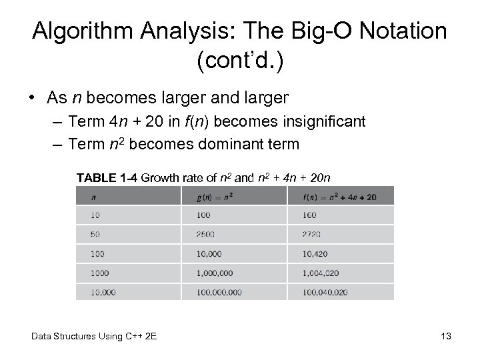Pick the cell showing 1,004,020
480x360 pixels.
click(322, 273)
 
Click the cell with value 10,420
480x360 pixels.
click(315, 254)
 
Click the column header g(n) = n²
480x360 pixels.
click(215, 197)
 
